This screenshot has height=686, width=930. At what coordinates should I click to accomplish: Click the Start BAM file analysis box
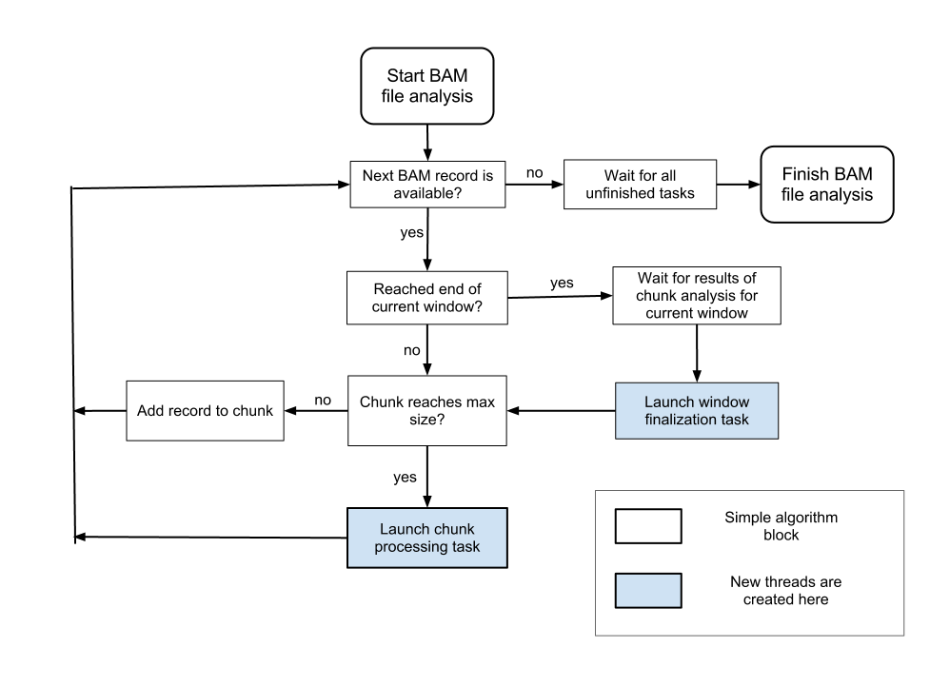click(426, 86)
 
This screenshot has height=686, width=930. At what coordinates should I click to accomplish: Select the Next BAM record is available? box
click(427, 185)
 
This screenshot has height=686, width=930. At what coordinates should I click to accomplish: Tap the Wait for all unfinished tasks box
click(640, 185)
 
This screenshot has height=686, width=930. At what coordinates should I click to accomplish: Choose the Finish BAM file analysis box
click(827, 185)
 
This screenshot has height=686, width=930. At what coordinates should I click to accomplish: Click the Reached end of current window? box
click(426, 298)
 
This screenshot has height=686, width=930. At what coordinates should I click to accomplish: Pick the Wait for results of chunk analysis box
click(697, 295)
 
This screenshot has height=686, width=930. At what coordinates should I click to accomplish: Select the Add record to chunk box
click(205, 411)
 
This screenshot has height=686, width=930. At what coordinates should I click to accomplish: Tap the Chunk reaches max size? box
click(426, 411)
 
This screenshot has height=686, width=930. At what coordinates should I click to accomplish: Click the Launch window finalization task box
click(697, 411)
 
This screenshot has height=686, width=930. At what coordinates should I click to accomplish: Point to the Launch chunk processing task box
click(426, 538)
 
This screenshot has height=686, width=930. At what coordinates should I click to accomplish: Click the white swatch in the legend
click(648, 526)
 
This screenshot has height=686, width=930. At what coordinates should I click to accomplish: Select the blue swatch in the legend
click(648, 590)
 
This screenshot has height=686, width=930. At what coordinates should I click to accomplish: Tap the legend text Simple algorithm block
click(781, 526)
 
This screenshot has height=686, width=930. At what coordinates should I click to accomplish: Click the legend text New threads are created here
click(785, 590)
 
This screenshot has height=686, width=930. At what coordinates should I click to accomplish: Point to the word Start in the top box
click(406, 75)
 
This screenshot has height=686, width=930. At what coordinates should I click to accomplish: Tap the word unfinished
click(621, 193)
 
